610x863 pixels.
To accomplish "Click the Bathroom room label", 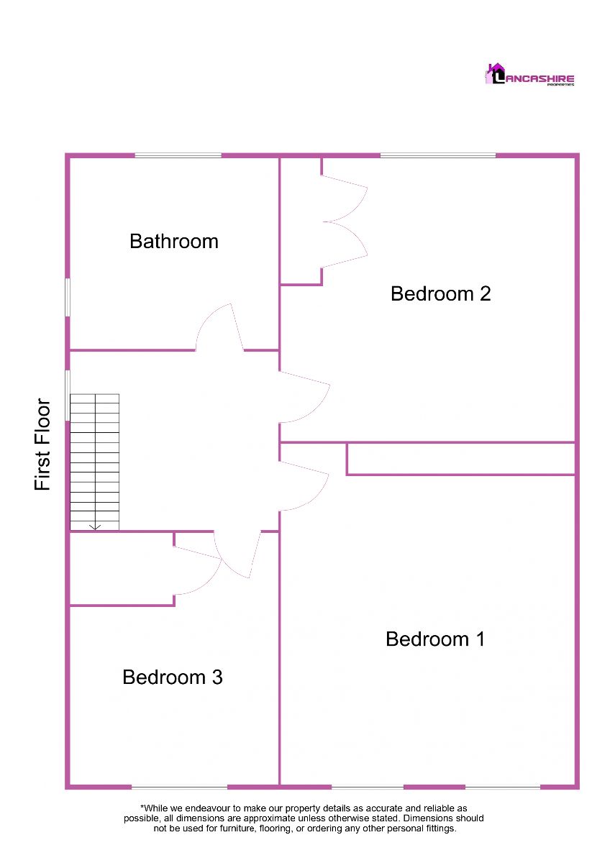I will click(x=173, y=241).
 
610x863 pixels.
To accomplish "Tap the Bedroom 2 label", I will click(x=440, y=293).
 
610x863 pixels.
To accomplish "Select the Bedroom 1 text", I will click(x=435, y=639).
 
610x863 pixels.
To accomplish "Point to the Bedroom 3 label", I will click(x=172, y=677).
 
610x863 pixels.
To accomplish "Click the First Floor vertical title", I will click(x=43, y=444).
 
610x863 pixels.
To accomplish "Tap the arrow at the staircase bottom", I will click(x=94, y=526).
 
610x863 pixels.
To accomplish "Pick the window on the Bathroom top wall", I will click(x=178, y=155).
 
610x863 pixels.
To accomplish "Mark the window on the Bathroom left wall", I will click(x=68, y=296).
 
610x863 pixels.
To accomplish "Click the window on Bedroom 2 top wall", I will click(x=437, y=155).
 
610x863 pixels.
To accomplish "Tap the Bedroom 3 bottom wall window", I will click(x=179, y=786).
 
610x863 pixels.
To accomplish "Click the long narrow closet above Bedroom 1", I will click(x=460, y=459).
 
